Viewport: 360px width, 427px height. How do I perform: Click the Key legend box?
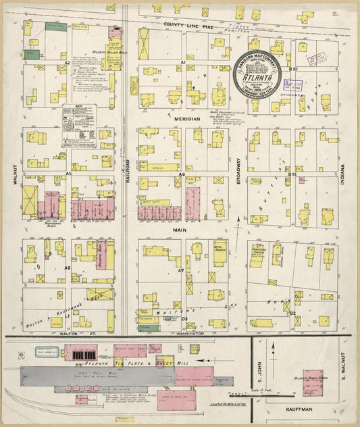pyautogui.click(x=78, y=125)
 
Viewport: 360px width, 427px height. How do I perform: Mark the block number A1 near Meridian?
pyautogui.click(x=182, y=62)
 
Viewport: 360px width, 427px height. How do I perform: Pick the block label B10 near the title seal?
pyautogui.click(x=293, y=69)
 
